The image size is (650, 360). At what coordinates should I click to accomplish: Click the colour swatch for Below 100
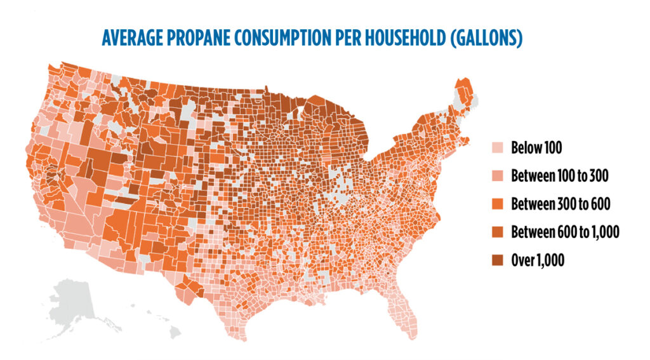coord(498,149)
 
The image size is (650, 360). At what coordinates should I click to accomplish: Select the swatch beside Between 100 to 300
coord(498,177)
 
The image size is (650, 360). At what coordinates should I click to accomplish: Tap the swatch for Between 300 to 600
coord(498,204)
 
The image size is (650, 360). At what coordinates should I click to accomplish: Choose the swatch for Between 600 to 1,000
coord(498,232)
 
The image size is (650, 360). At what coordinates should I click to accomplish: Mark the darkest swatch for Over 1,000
coord(498,260)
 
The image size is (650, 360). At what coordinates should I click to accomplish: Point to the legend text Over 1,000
coord(538,260)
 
